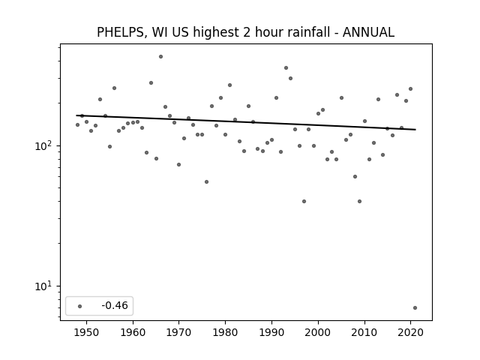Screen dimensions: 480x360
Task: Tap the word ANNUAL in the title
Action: coord(368,32)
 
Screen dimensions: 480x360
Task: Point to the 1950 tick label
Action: coord(87,332)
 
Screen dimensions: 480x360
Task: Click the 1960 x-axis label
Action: coord(133,332)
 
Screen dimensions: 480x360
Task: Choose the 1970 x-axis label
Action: coord(178,332)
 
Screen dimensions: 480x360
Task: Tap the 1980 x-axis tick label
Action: coord(225,332)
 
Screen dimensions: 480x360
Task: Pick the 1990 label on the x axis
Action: coord(271,332)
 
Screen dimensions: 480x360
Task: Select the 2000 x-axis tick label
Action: coord(318,332)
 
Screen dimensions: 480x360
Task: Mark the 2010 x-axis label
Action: coord(364,332)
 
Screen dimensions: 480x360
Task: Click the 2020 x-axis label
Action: coord(410,332)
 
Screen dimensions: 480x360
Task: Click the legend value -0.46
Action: coord(115,305)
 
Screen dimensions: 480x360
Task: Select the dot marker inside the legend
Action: coord(80,306)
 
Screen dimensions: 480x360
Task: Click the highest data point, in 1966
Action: coord(160,57)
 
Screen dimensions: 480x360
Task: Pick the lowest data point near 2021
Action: coord(415,308)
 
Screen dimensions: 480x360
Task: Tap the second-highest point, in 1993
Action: coord(286,68)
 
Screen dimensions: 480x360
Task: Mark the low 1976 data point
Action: coord(207,181)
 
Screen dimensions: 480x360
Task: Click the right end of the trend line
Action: coord(415,130)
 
